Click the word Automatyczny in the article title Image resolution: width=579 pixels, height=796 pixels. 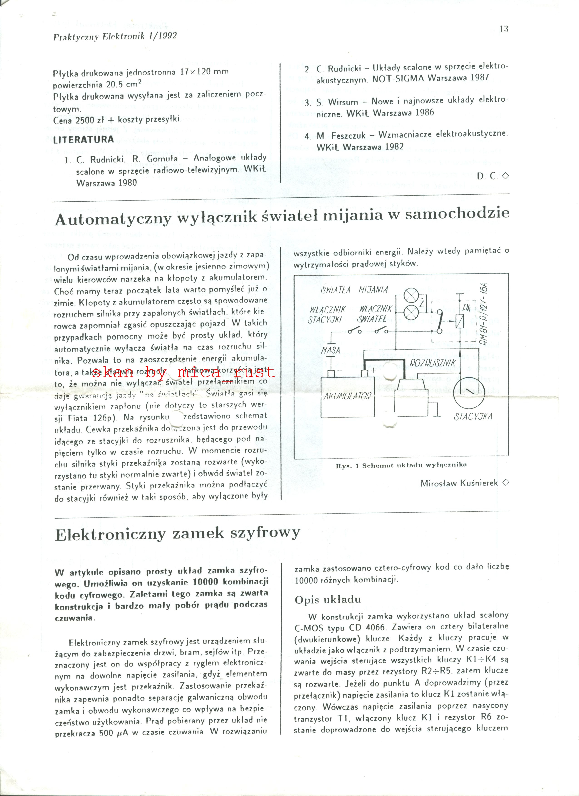tap(112, 219)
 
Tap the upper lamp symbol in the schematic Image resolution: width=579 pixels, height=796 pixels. tap(410, 296)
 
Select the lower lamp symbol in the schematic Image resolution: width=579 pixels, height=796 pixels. tap(410, 312)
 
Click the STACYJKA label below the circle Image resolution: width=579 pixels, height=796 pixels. tap(473, 417)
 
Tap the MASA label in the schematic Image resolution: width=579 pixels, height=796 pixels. tap(330, 350)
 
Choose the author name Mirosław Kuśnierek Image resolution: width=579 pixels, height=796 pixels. tap(459, 483)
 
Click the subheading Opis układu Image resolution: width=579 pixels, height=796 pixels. tap(327, 599)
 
